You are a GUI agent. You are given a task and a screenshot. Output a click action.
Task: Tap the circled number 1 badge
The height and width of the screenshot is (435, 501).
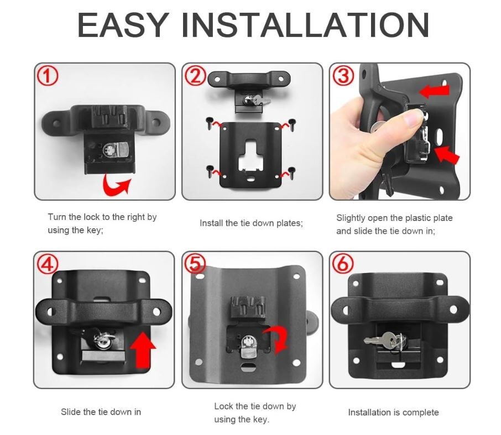point(48,76)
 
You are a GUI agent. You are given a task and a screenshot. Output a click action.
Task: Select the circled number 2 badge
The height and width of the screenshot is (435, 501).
point(195,76)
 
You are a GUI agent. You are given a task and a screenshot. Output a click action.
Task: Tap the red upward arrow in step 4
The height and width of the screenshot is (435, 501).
point(142,347)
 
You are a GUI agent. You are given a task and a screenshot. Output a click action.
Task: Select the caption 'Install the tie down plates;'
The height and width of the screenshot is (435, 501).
point(251,223)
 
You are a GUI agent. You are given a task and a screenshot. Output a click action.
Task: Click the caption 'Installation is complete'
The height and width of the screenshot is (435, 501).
point(393,412)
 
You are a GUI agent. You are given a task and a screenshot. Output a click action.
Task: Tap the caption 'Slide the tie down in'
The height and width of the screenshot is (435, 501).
point(101,412)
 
